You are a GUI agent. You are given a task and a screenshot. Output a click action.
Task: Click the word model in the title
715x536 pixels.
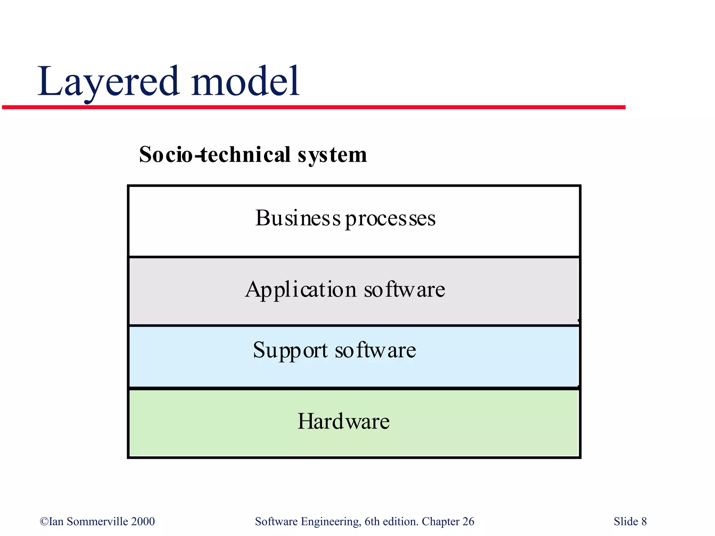coord(245,82)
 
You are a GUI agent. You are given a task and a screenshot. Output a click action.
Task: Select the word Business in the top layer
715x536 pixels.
coord(297,218)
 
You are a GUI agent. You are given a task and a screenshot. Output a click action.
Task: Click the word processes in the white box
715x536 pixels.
coord(390,219)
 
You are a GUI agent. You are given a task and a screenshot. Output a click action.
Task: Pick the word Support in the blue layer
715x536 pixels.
coord(290,350)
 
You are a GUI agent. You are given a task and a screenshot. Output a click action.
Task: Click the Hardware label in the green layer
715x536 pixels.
coord(343,421)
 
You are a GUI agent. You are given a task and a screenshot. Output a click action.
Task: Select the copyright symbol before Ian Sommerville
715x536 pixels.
coord(44,521)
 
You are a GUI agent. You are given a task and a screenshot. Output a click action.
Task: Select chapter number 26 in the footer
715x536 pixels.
coord(468,521)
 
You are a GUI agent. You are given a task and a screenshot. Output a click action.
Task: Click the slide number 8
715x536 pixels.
coord(644,521)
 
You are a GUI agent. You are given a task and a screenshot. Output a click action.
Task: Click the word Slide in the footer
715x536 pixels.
coord(626,521)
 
